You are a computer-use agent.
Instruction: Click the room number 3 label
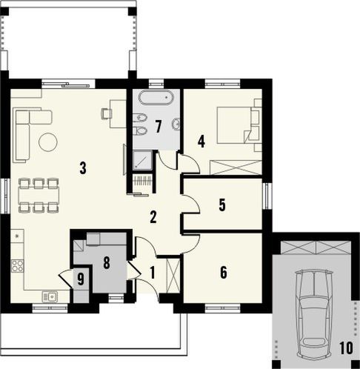83,168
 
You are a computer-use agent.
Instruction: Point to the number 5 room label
222,205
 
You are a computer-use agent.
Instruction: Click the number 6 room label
223,272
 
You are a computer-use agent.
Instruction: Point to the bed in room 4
239,123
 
